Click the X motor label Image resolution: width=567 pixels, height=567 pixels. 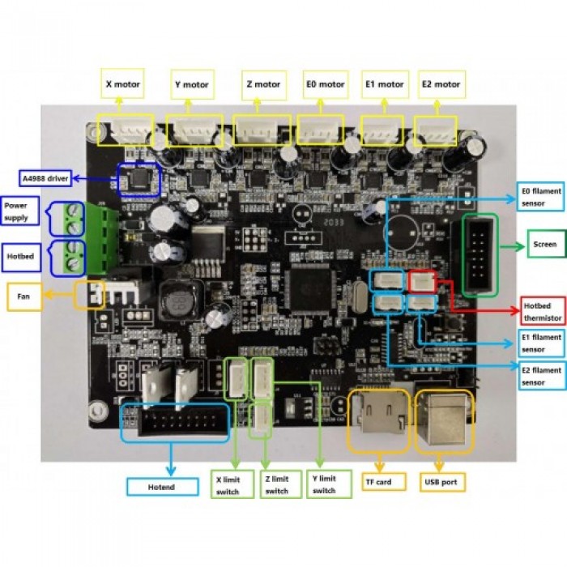(x=122, y=83)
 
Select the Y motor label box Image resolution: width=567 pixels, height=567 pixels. (x=191, y=84)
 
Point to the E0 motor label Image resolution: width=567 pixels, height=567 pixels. (x=325, y=83)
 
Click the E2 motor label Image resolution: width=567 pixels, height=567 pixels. (x=441, y=83)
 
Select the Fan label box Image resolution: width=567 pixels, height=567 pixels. (x=24, y=296)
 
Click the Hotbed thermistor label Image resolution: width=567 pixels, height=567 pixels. (x=542, y=313)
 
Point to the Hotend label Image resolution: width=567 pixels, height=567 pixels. (x=162, y=487)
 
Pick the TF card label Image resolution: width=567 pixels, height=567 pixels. (x=377, y=482)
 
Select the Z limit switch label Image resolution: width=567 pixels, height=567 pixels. (x=277, y=484)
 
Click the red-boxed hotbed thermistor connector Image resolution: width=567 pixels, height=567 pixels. (x=420, y=281)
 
